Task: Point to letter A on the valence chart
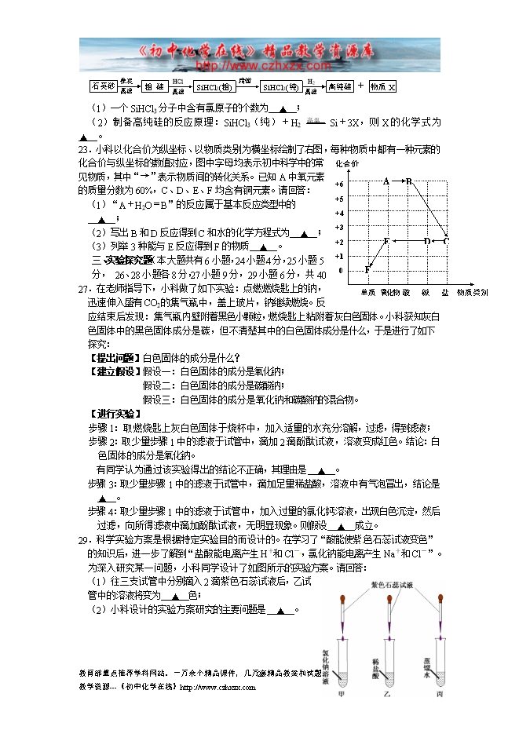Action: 386,181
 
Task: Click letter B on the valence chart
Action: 408,181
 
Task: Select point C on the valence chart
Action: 446,241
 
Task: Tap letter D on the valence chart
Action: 426,241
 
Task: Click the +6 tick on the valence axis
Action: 339,182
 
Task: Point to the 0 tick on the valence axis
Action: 341,271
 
